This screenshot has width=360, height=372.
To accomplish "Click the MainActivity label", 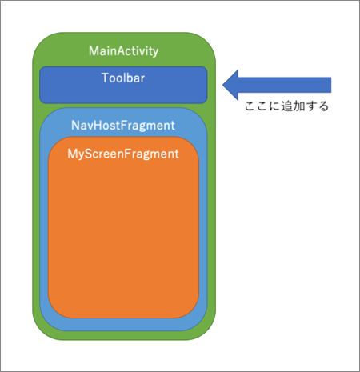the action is click(x=123, y=51).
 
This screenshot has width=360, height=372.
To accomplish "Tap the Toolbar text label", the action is click(x=123, y=78).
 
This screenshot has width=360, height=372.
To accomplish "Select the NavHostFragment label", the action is click(x=123, y=126).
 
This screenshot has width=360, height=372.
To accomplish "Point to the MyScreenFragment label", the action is click(x=123, y=154).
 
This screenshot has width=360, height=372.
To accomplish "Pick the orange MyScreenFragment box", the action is click(x=123, y=227).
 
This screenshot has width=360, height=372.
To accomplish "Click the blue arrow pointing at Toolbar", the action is click(x=277, y=85).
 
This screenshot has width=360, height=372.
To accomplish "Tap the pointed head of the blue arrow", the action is click(x=223, y=85).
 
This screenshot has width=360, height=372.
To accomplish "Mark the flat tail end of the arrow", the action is click(x=330, y=85).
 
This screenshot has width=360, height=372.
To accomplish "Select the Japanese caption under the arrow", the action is click(x=286, y=106).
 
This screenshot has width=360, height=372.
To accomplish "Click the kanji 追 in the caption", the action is click(x=286, y=106).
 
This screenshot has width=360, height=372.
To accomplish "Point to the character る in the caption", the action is click(x=323, y=106).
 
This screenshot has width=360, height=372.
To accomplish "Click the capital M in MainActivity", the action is click(x=94, y=51).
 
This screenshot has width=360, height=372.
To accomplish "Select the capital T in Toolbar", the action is click(x=106, y=78).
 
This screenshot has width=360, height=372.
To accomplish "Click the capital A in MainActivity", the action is click(x=122, y=51).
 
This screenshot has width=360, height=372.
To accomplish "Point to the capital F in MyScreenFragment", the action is click(x=127, y=154).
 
